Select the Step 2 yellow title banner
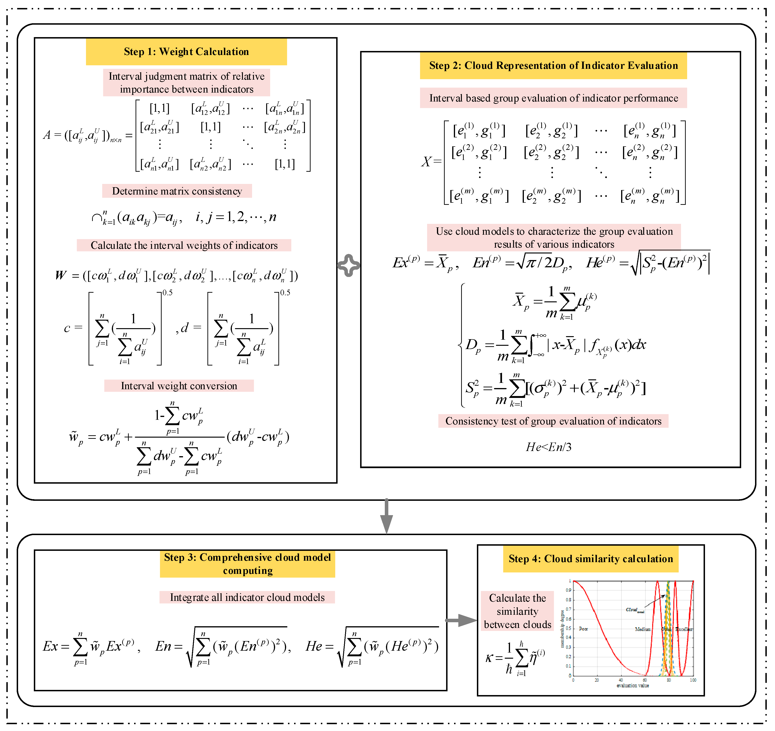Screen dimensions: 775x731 [553, 66]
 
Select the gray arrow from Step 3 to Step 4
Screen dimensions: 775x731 [462, 620]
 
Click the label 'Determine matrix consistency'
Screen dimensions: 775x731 [177, 191]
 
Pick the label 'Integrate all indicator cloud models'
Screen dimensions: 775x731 [247, 597]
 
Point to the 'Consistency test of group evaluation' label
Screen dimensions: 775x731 [553, 421]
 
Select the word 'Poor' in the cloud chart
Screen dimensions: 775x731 [583, 629]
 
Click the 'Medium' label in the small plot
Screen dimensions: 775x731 [643, 629]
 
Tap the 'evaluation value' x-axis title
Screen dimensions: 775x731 [633, 685]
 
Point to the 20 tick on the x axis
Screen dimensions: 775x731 [597, 680]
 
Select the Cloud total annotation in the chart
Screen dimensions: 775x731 [635, 610]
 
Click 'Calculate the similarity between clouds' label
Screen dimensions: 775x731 [517, 611]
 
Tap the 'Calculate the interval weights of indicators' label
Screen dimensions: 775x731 [184, 245]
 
